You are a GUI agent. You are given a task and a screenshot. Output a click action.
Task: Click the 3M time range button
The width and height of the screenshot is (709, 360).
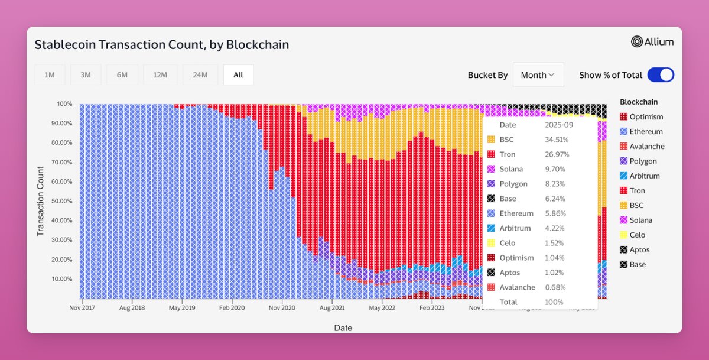click(x=86, y=75)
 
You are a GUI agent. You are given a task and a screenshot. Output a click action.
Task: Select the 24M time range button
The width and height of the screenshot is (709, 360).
click(x=200, y=75)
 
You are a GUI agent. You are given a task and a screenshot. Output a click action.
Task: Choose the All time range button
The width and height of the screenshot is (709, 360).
click(x=238, y=75)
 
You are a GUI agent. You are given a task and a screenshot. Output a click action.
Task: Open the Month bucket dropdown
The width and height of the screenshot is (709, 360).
click(x=538, y=75)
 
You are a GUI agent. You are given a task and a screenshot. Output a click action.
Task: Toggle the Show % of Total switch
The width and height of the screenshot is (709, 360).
click(x=661, y=75)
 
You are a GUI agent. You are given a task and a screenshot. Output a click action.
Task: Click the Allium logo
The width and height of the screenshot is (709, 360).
click(x=652, y=41)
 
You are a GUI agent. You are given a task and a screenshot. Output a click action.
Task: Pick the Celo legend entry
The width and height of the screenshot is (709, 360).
click(x=637, y=235)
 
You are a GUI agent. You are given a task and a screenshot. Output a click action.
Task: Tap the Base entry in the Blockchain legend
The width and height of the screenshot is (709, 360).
click(x=638, y=265)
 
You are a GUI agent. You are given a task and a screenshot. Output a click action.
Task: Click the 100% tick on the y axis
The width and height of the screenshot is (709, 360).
click(x=65, y=104)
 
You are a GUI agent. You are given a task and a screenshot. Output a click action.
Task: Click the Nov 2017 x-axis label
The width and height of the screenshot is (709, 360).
click(x=83, y=308)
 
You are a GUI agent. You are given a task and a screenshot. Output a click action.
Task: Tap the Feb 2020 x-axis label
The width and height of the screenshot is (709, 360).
click(x=232, y=308)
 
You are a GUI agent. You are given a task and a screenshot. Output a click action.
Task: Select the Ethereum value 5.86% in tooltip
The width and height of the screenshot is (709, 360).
click(x=555, y=214)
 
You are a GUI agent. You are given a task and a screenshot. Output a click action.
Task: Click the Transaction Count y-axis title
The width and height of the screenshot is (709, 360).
click(x=41, y=201)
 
